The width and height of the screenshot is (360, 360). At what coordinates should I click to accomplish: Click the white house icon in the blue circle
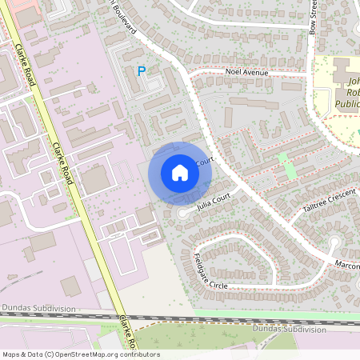[180, 172]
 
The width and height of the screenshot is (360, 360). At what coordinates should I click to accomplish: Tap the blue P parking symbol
[142, 71]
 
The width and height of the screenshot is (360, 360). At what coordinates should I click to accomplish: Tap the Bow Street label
[314, 16]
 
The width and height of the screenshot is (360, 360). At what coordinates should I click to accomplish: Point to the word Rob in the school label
[352, 93]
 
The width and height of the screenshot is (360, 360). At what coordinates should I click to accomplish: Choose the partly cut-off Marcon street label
[347, 264]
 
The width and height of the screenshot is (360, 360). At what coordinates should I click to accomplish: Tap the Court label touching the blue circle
[205, 163]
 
